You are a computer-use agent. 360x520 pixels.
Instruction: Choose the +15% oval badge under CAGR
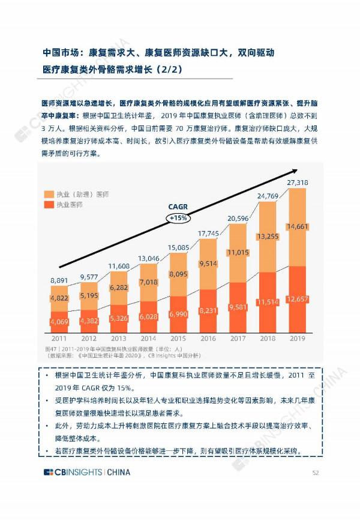[x=178, y=218]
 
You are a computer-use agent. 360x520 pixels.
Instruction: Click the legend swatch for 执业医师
[x=49, y=205]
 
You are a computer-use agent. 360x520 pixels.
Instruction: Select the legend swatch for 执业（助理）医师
[x=49, y=195]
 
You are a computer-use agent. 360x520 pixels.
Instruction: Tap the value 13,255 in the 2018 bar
[x=268, y=237]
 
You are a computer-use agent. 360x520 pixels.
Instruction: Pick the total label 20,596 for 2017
[x=238, y=218]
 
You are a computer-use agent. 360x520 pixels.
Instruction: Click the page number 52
[x=315, y=472]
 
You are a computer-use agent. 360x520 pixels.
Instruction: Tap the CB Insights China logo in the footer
[x=87, y=472]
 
